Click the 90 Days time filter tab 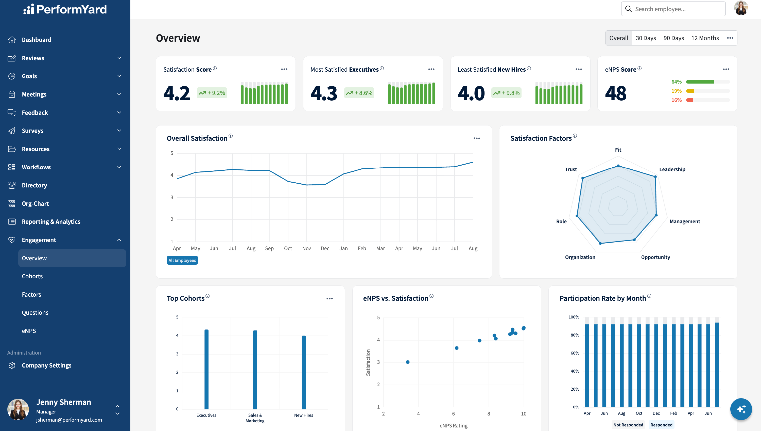(673, 38)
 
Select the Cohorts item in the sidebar (32, 276)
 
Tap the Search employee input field (673, 9)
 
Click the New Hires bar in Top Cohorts (304, 372)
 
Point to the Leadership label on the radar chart (672, 169)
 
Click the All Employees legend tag (182, 260)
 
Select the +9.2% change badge (212, 93)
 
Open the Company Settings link (46, 365)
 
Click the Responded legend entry (661, 425)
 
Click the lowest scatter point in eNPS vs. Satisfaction (408, 362)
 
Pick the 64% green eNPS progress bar (700, 82)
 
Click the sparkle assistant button (741, 409)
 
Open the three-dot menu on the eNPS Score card (726, 69)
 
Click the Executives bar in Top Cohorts (206, 370)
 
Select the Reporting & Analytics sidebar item (51, 222)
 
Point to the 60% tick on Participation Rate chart (575, 353)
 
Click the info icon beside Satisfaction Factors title (575, 136)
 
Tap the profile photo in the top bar (741, 8)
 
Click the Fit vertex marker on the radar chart (618, 166)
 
